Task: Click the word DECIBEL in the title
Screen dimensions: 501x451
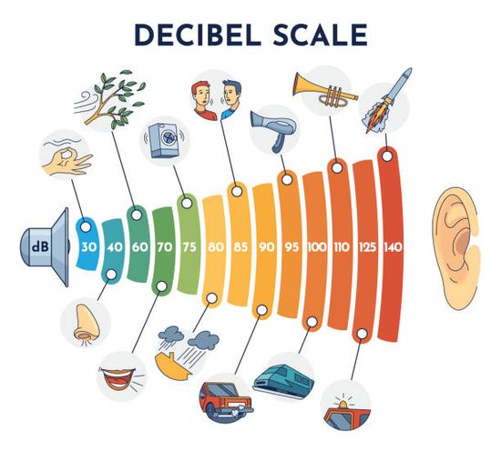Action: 198,35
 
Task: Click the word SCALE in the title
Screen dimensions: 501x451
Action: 320,35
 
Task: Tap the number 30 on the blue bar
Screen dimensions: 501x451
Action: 88,247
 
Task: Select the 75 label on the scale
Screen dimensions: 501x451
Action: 189,247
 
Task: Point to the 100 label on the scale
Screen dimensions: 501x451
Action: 317,247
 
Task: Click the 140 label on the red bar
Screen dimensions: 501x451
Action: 393,247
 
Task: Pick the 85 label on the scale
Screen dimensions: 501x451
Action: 240,247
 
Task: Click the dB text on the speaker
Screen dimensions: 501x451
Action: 40,246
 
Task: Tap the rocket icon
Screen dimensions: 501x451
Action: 387,100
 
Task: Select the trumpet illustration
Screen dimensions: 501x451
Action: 325,89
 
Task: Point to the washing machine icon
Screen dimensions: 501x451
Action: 164,141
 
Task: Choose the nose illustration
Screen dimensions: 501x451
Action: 85,325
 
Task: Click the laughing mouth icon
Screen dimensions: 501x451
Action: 118,378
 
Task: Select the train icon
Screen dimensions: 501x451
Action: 283,380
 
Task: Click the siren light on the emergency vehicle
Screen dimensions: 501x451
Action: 343,404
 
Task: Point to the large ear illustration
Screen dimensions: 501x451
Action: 456,249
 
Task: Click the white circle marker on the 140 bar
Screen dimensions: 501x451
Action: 387,156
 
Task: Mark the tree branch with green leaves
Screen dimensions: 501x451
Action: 110,99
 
